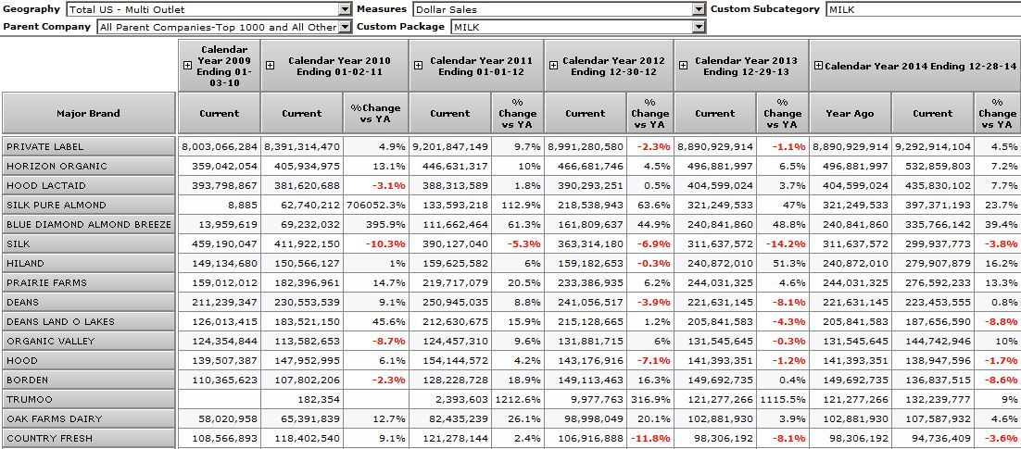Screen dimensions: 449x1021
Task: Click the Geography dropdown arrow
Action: [345, 9]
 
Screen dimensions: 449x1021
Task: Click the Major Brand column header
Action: [89, 114]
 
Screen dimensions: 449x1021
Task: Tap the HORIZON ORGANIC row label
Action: [89, 166]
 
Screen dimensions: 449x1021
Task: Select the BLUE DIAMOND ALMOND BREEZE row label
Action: [89, 224]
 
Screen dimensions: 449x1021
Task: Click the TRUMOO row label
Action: [89, 399]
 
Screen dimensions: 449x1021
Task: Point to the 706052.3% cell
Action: [375, 205]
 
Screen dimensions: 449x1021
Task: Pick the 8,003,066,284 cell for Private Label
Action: [219, 146]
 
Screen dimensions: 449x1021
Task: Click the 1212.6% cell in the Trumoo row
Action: [517, 399]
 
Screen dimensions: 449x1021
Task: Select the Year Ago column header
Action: [850, 114]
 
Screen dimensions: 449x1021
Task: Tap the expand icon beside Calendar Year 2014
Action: [818, 66]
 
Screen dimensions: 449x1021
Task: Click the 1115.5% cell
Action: [783, 399]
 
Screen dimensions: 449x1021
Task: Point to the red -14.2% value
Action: [782, 243]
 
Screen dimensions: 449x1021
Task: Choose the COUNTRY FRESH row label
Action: [89, 438]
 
